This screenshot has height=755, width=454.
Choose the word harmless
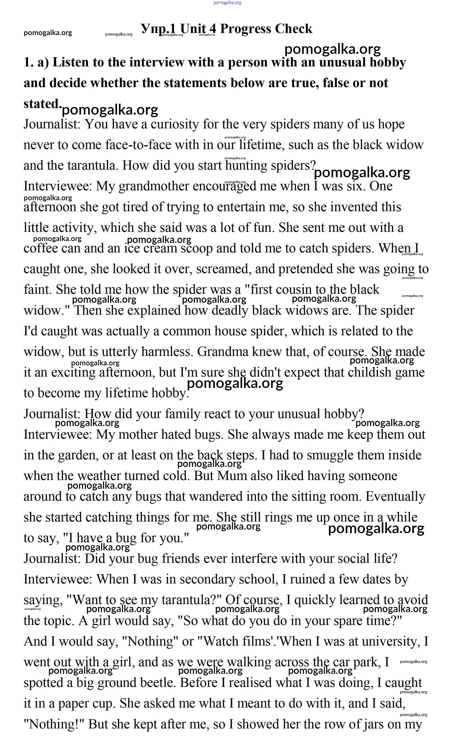167,352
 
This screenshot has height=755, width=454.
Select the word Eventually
395,497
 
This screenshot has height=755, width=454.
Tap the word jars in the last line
373,724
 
